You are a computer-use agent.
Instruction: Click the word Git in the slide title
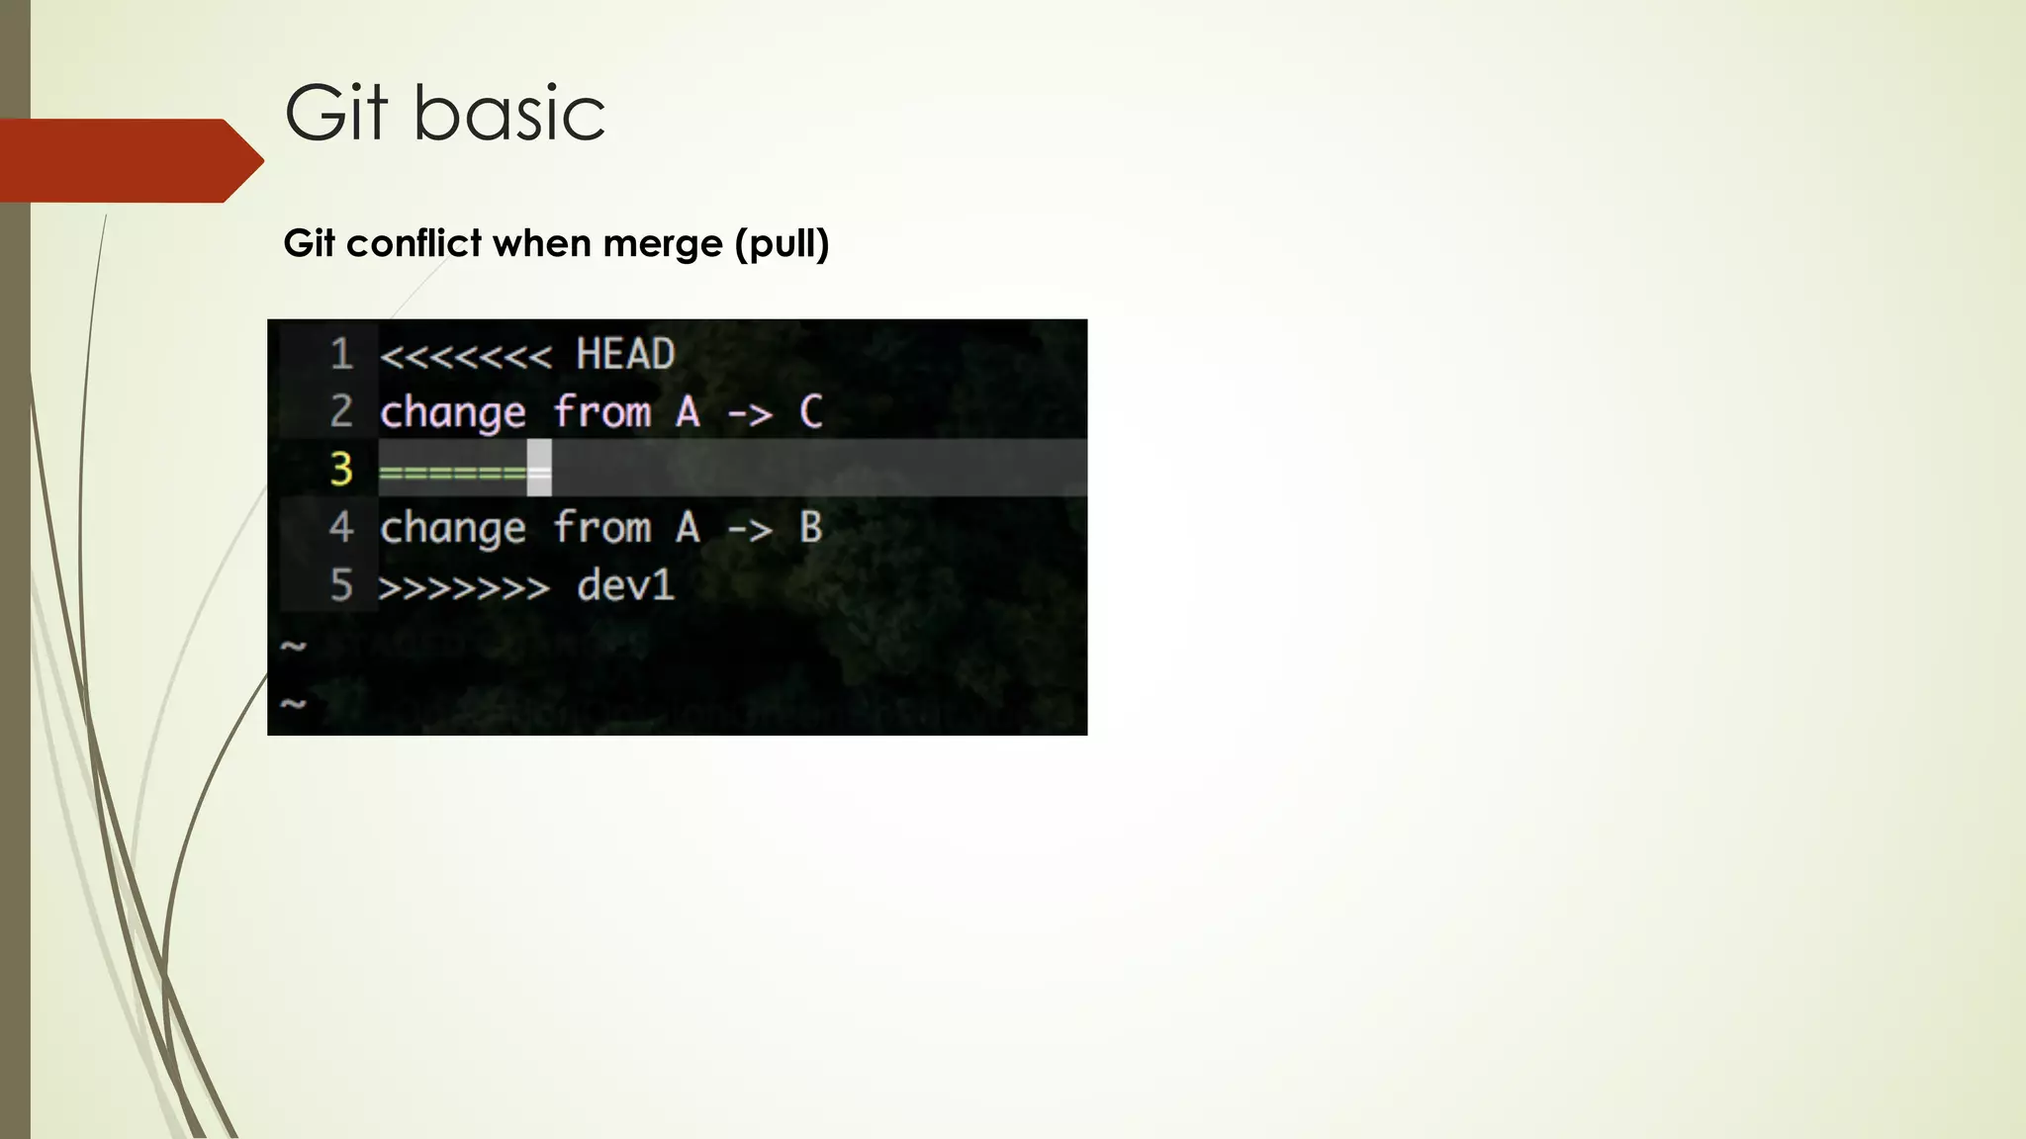tap(335, 114)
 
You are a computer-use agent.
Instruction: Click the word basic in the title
tap(508, 114)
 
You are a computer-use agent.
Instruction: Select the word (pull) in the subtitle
tap(782, 243)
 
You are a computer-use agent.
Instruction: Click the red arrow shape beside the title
tap(129, 160)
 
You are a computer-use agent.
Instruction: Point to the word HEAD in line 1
tap(625, 354)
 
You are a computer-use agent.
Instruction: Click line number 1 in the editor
tap(341, 354)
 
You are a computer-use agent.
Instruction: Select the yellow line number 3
tap(341, 469)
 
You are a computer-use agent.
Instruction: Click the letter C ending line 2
tap(810, 412)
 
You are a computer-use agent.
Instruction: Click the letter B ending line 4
tap(810, 527)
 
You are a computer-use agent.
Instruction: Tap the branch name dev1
tap(625, 585)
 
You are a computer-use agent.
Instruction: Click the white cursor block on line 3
tap(539, 469)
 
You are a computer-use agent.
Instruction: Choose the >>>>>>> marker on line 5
tap(464, 588)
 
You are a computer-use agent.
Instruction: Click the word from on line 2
tap(601, 412)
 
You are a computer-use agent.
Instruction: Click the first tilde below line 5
tap(294, 647)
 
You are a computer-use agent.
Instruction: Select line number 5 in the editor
tap(341, 585)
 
